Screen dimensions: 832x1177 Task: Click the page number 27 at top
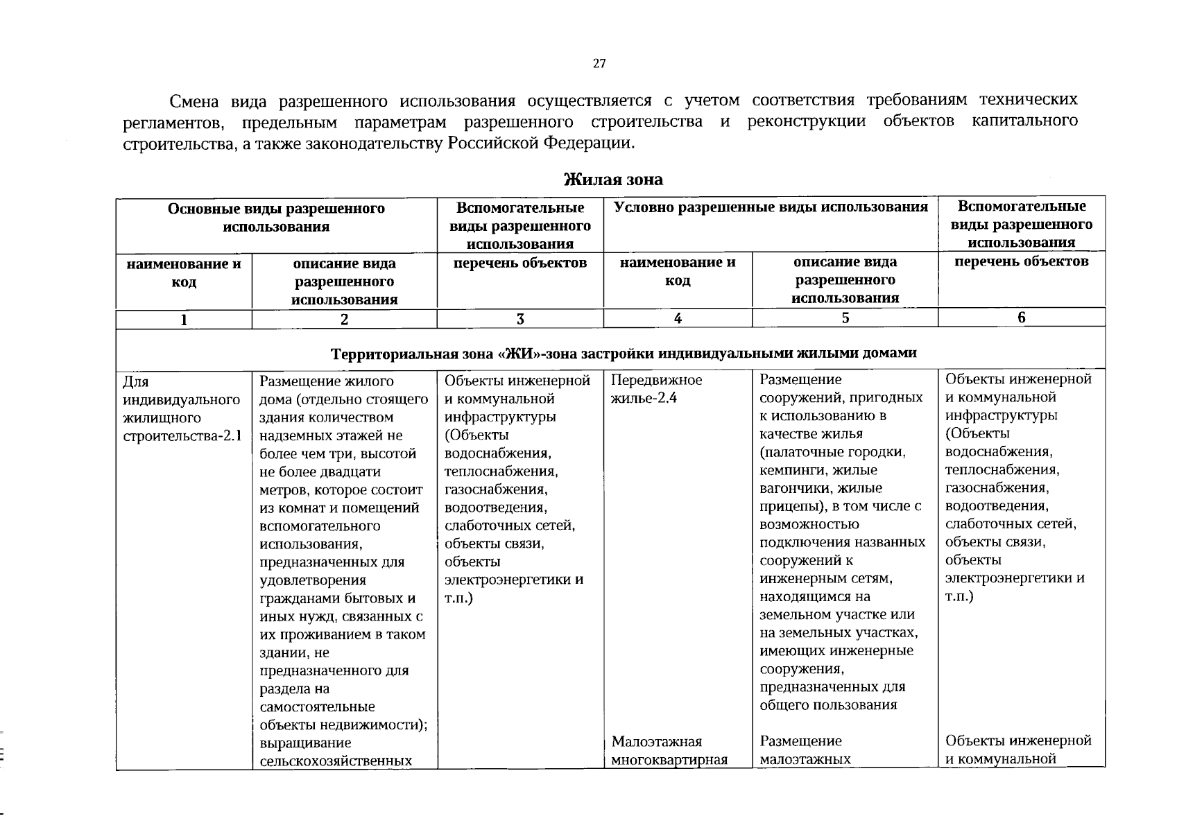(599, 64)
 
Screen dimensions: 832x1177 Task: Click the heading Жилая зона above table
(612, 180)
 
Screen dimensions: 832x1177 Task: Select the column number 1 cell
(184, 320)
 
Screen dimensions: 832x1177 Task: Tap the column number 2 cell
(344, 320)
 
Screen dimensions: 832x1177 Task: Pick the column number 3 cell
(519, 319)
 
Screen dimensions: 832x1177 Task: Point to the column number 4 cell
(677, 318)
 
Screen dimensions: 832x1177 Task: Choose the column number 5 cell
(845, 318)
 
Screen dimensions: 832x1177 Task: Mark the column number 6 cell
(1021, 318)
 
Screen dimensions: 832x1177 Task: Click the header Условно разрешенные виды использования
(771, 207)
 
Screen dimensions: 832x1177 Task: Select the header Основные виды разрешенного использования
(276, 218)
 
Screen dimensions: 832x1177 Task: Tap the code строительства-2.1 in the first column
(182, 436)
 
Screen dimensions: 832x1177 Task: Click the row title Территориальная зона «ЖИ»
(624, 353)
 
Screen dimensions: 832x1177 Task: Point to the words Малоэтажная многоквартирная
(669, 750)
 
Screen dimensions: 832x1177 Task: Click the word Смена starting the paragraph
(194, 101)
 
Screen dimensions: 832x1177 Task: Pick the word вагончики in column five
(791, 488)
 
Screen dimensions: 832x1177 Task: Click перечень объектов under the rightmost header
(1021, 261)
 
